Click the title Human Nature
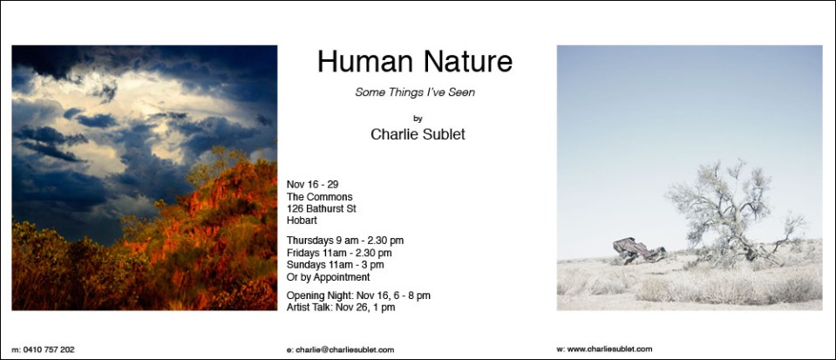(x=415, y=61)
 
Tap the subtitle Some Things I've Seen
(x=415, y=92)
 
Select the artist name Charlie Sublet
(x=418, y=134)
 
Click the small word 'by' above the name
(x=418, y=119)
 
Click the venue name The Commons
(x=319, y=197)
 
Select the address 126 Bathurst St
(x=321, y=208)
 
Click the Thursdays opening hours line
(x=345, y=241)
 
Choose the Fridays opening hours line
(x=339, y=253)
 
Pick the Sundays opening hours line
(x=335, y=264)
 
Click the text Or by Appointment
(x=328, y=277)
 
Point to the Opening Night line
(x=358, y=295)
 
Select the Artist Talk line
(x=341, y=307)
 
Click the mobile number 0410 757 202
(x=49, y=350)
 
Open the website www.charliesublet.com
(x=609, y=350)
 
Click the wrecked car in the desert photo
(x=638, y=250)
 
